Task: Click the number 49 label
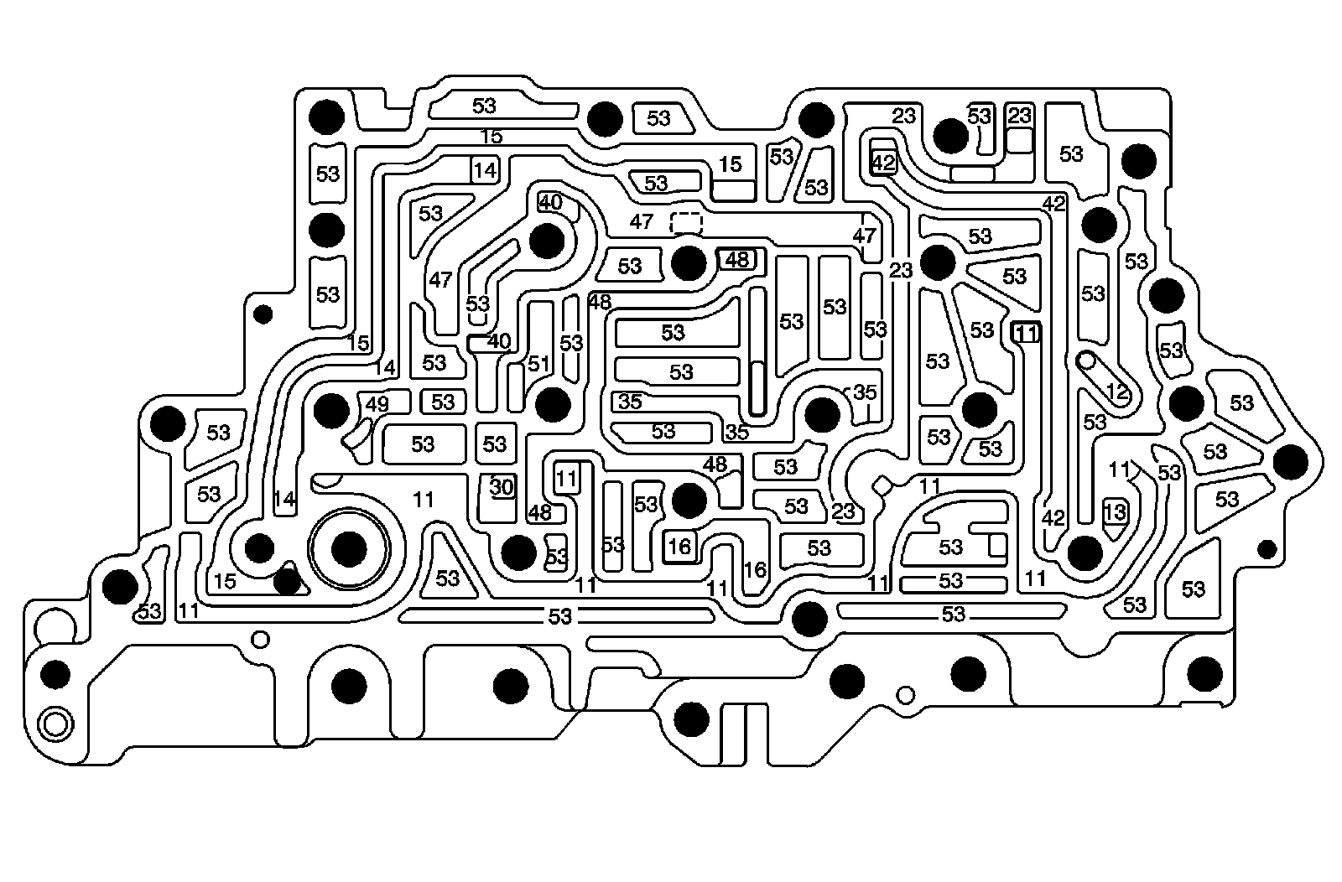coord(377,404)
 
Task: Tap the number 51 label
coord(538,363)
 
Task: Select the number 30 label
coord(501,487)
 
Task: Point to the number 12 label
coord(1116,391)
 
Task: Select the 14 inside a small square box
coord(484,170)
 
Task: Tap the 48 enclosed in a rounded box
coord(736,260)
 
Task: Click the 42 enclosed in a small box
coord(884,163)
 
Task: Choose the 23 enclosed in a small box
coord(1019,116)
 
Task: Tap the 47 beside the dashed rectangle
coord(641,222)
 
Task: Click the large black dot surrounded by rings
coord(350,550)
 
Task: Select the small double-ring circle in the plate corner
coord(55,724)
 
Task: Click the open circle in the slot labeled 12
coord(1088,361)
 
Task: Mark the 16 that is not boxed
coord(755,570)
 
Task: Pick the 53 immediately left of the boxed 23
coord(979,116)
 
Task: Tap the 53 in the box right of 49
coord(443,402)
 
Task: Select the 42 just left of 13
coord(1053,518)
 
